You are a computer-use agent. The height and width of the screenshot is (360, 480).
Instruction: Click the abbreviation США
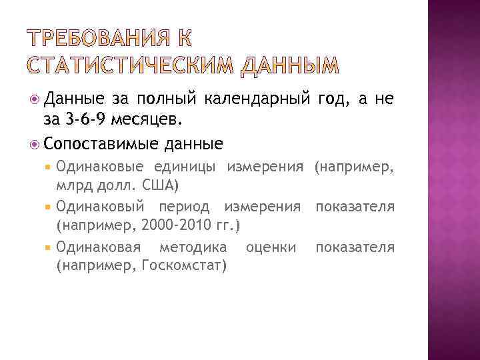coord(157,183)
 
